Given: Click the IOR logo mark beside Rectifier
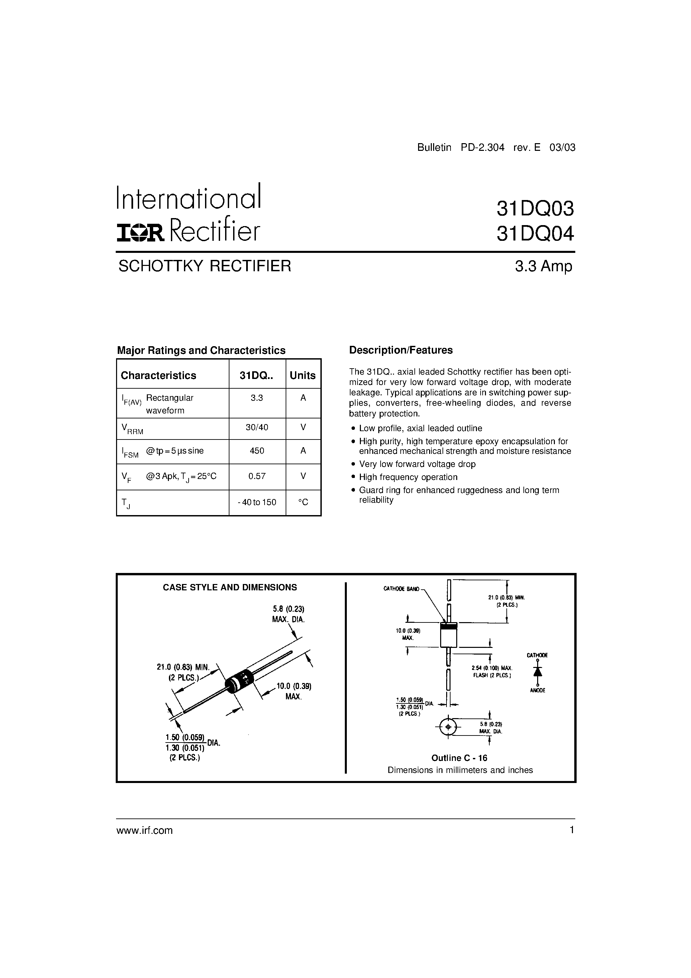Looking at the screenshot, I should [x=140, y=233].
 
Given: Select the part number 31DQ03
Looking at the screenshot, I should [x=535, y=209].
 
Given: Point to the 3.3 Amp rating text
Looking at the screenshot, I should [x=543, y=266].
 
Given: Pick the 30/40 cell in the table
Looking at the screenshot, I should [x=257, y=427].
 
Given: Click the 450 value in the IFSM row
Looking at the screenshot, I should [x=257, y=451].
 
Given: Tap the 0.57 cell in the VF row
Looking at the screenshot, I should [x=257, y=476].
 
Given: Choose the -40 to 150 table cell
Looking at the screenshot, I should [x=257, y=502].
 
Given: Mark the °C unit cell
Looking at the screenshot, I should [x=303, y=502].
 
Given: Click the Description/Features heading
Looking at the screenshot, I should [x=400, y=350].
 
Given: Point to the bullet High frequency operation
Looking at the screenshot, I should [x=408, y=477].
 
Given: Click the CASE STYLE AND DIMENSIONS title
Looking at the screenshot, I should [x=230, y=587].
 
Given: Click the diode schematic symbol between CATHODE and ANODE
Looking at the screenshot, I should [x=537, y=671].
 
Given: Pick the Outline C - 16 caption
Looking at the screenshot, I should [x=459, y=758].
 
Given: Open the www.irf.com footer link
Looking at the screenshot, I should [x=144, y=830].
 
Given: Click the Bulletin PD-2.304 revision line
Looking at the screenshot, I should [x=496, y=148].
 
